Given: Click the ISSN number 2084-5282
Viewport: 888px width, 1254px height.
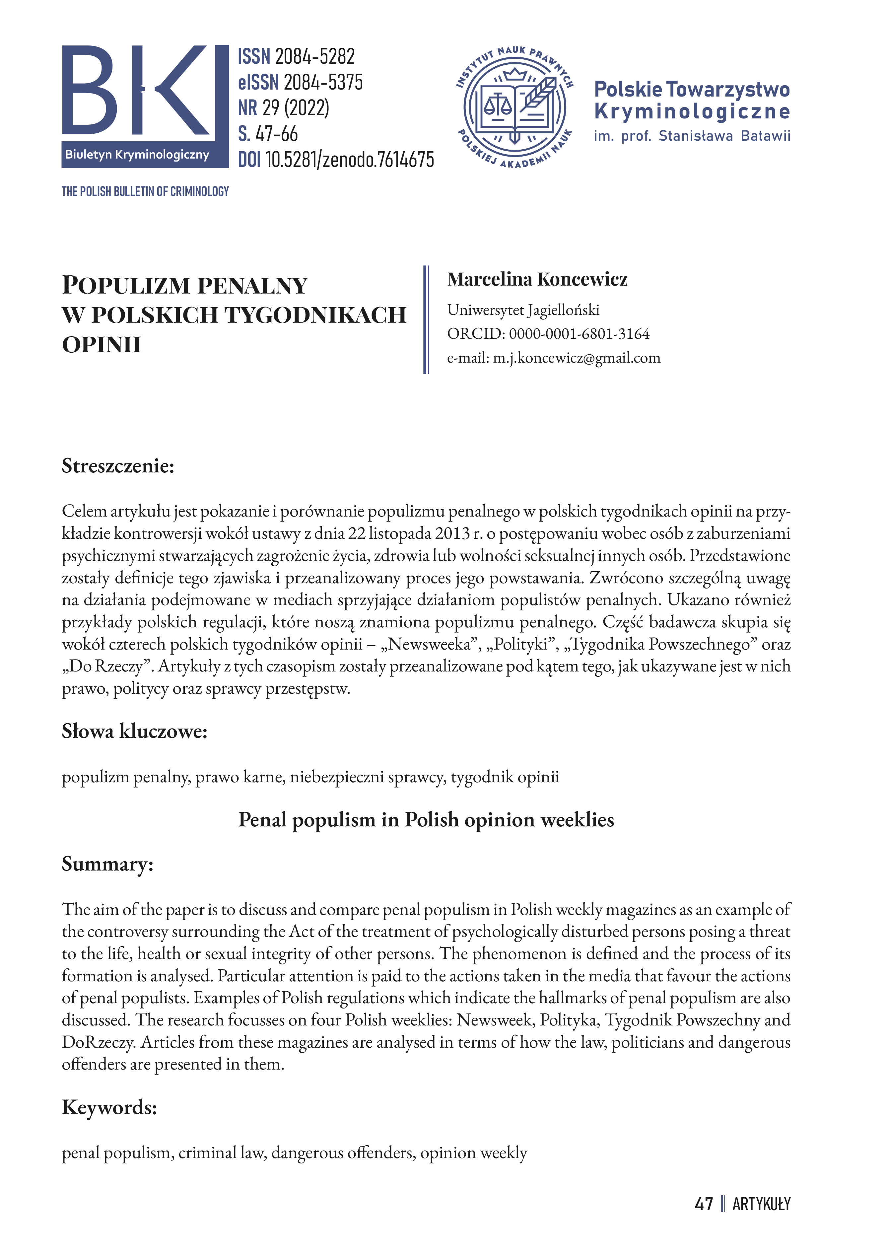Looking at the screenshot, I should pos(315,56).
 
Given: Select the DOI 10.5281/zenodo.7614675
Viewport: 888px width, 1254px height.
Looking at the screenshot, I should pos(349,160).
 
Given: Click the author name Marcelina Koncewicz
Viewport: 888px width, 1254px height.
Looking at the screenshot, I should pos(537,279).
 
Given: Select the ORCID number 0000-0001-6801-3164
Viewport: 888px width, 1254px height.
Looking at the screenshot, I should pos(579,334).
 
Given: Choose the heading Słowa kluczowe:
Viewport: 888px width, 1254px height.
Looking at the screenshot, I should pos(135,731).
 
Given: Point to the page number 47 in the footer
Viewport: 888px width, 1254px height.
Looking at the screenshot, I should pos(704,1204).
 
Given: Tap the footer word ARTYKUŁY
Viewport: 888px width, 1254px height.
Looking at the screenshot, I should pos(761,1204).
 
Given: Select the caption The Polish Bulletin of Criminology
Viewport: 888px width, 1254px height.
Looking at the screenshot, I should pos(145,191).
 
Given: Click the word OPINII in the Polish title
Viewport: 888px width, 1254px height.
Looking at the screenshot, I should pos(102,345).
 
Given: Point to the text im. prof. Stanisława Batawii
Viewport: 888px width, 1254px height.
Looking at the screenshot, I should pos(692,136).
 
